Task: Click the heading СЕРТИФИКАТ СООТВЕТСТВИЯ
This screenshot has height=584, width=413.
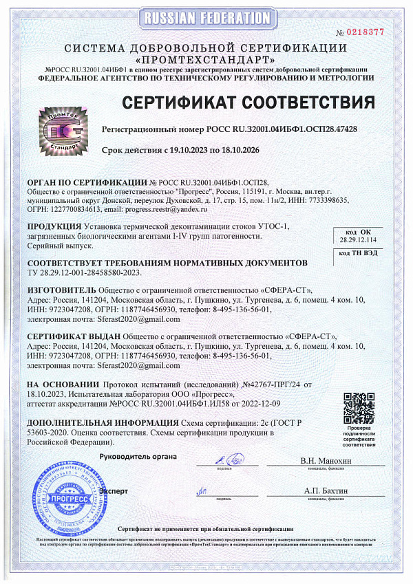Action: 248,103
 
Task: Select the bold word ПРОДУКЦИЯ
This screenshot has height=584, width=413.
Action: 53,226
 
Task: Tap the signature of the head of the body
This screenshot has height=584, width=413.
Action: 232,457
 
